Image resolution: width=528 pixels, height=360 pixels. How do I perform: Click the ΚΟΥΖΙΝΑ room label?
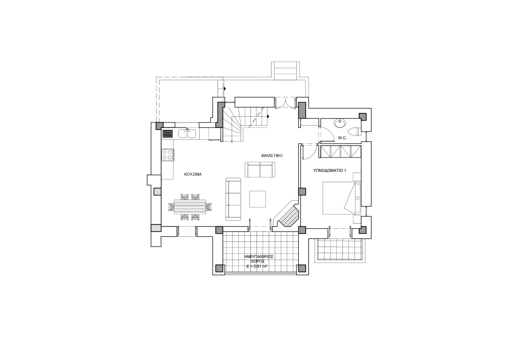193,174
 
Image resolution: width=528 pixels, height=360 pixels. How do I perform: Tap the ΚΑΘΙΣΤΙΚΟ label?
272,156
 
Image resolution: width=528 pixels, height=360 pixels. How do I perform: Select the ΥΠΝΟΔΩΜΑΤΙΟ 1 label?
330,171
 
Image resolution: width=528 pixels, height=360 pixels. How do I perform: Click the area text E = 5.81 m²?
257,266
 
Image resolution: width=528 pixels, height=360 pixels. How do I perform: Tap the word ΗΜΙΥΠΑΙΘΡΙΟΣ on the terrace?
259,256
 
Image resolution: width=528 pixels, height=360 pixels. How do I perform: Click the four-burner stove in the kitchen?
167,155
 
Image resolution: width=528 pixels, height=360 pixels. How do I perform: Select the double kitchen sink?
187,134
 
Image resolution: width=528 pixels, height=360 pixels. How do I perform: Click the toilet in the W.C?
354,130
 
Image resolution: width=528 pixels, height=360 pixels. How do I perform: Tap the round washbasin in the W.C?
340,123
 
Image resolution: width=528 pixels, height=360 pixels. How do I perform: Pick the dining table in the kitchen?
190,207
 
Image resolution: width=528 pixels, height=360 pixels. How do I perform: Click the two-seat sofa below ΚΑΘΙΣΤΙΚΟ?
260,170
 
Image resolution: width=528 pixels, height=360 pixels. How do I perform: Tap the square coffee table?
257,199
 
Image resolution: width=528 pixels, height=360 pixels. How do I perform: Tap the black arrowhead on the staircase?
268,116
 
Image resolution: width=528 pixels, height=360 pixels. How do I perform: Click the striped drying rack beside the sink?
168,134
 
